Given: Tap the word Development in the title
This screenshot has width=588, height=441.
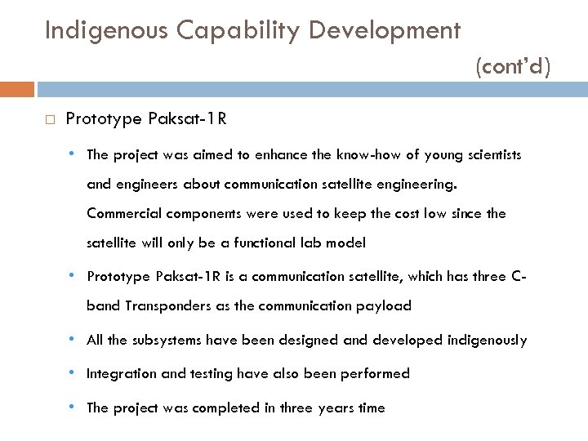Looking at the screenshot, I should (382, 31).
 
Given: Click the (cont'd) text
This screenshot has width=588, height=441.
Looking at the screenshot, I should (513, 66).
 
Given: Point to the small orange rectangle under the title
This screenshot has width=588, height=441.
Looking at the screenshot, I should (17, 89).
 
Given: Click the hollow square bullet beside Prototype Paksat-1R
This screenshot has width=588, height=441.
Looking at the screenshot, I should (50, 120).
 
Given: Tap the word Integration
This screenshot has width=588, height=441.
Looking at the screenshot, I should (118, 373).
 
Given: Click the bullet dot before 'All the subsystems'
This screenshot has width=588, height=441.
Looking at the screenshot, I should (73, 339).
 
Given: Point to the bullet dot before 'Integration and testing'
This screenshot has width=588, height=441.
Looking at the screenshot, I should (73, 372).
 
